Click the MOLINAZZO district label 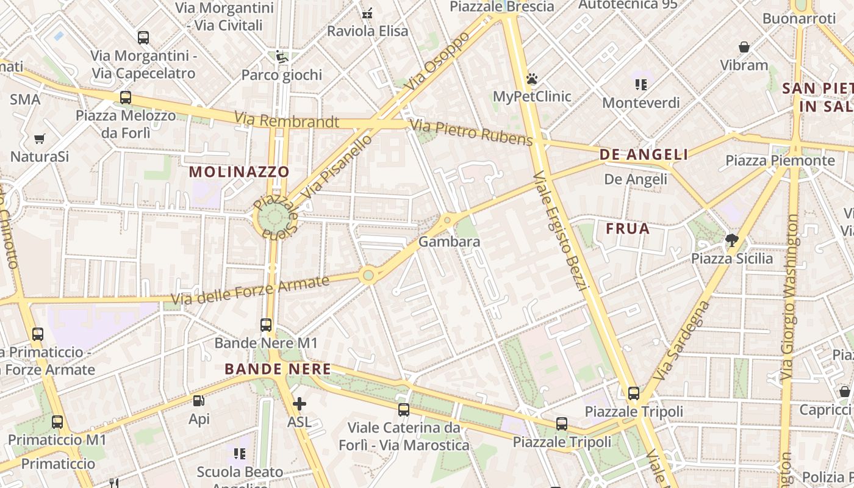point(239,171)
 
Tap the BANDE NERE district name point(278,369)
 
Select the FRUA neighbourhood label point(628,229)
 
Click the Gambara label point(449,242)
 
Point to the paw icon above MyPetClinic point(532,79)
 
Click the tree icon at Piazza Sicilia point(731,240)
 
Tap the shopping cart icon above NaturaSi point(40,138)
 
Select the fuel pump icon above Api point(199,401)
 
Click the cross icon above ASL point(299,404)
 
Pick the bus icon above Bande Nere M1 point(266,325)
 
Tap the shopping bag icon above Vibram point(744,47)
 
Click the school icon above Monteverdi point(640,84)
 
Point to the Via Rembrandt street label point(286,120)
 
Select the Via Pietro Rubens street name point(471,133)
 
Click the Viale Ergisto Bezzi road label point(559,231)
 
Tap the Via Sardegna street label point(681,340)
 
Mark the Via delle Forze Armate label point(250,290)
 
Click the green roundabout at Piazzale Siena point(273,217)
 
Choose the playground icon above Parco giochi point(281,57)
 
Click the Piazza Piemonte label point(780,160)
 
